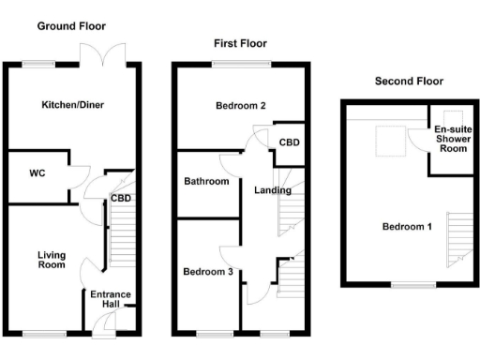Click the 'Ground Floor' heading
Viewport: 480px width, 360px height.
tap(71, 26)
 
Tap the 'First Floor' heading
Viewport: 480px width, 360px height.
tap(240, 43)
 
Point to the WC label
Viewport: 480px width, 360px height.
tap(37, 173)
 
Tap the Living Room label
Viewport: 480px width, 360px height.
tap(52, 260)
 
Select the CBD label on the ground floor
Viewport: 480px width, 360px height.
tap(121, 199)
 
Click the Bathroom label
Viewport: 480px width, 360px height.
tap(206, 182)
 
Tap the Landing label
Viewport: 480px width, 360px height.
tap(273, 190)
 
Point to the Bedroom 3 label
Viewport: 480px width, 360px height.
tap(207, 272)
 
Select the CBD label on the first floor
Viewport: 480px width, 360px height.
tap(290, 142)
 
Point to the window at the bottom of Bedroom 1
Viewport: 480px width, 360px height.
tap(407, 283)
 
